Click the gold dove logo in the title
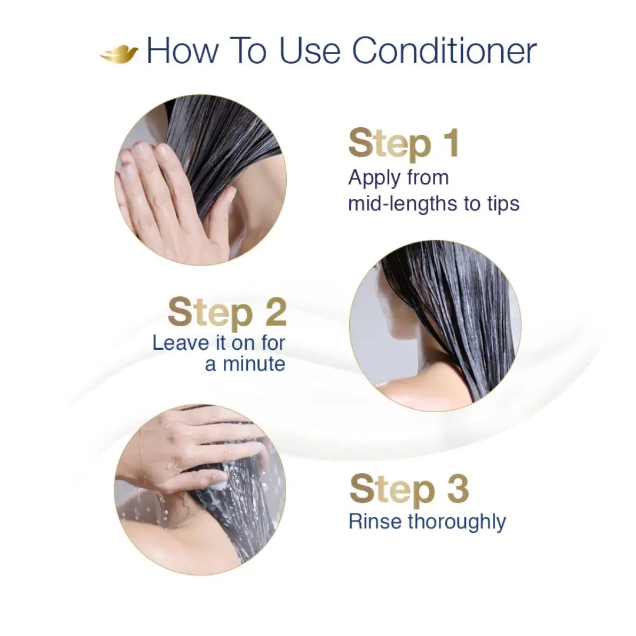coord(119,54)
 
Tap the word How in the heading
coord(183,51)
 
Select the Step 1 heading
coord(403,144)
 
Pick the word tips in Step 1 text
coord(501,204)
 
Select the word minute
coord(254,364)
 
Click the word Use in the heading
coord(310,51)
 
